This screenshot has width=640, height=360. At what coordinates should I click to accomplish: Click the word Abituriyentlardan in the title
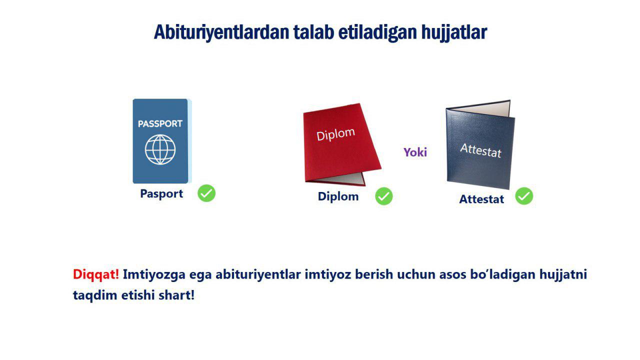coord(221,32)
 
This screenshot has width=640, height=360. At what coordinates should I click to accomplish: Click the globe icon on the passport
coord(160,149)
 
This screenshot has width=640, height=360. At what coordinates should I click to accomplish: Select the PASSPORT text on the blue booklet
coord(160,123)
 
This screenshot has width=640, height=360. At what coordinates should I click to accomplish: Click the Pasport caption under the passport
coord(161,194)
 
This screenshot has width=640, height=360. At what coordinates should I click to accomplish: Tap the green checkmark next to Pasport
coord(206,193)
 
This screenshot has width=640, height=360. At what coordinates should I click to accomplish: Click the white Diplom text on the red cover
coord(335,134)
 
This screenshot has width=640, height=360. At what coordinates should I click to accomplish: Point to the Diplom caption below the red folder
coord(338,197)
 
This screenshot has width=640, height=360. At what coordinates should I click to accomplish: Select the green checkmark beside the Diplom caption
coord(383,196)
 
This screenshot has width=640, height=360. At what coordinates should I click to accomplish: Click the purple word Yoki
coord(415,152)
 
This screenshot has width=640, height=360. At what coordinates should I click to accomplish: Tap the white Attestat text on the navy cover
coord(480,150)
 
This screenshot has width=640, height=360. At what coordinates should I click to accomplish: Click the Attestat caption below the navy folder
coord(481,199)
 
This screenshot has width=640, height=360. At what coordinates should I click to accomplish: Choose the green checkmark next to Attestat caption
coord(524,196)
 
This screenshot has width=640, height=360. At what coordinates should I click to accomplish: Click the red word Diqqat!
coord(95,275)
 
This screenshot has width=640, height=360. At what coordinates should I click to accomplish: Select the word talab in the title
coord(313,32)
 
